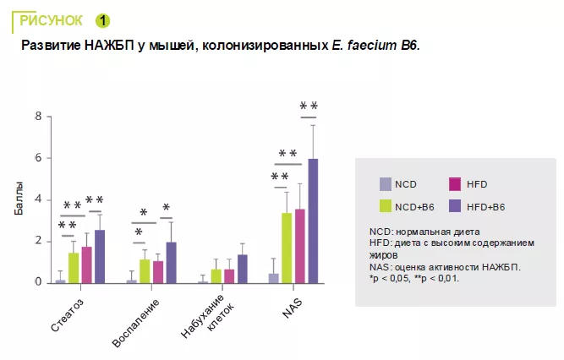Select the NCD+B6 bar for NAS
[x=287, y=248]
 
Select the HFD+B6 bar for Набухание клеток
[x=242, y=269]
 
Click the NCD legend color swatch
[x=386, y=184]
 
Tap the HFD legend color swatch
[x=454, y=184]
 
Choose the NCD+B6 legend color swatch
[x=386, y=205]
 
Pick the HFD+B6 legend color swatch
[x=454, y=205]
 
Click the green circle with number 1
[x=102, y=19]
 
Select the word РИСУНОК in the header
[x=50, y=19]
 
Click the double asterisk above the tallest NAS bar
[x=309, y=106]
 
